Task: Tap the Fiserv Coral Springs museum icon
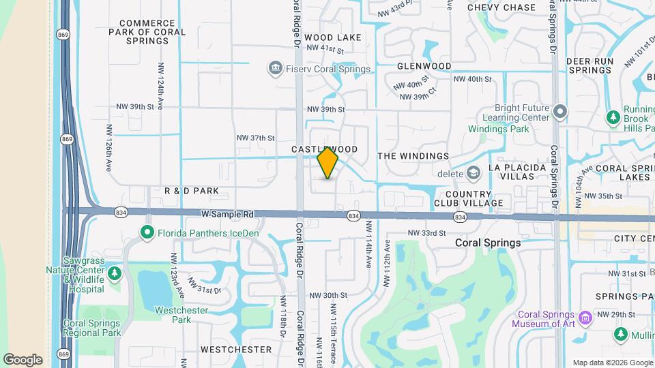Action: tap(275, 68)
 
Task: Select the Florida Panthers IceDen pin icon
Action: tap(147, 233)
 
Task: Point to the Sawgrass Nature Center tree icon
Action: tap(115, 273)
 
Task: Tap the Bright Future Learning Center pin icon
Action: tap(560, 111)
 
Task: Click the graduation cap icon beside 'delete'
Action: tap(473, 174)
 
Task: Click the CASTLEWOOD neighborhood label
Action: tap(325, 149)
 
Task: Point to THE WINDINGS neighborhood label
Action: tap(413, 156)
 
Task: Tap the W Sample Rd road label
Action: tap(228, 214)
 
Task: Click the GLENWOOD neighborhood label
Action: tap(424, 66)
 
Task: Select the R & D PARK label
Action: tap(192, 191)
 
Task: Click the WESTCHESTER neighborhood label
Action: tap(236, 350)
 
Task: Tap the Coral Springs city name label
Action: tap(489, 243)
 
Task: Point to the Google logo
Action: tap(23, 359)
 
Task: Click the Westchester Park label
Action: tap(172, 314)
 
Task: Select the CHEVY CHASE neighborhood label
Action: tap(501, 7)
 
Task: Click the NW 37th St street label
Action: tap(255, 138)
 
